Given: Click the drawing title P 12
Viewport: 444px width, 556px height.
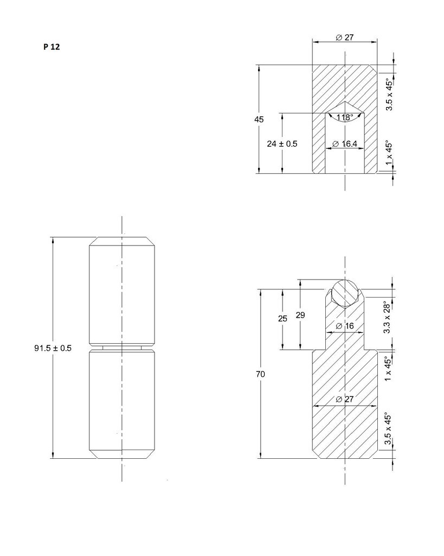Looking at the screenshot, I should (x=52, y=47).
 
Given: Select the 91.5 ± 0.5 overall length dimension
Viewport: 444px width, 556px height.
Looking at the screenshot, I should (x=53, y=348).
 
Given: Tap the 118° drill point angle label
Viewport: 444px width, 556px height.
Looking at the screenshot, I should (x=344, y=118).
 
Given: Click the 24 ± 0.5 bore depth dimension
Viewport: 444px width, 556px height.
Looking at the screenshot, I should (x=282, y=144).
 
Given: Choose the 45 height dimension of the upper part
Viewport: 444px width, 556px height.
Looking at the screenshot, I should (x=259, y=119).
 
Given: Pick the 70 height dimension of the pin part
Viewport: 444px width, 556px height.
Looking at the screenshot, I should (x=261, y=374).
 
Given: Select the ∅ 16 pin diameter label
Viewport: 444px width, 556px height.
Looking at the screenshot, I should (x=345, y=326).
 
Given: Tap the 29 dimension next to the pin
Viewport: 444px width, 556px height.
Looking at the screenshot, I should (x=300, y=315).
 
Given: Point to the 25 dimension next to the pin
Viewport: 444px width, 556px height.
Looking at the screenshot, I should (x=282, y=319).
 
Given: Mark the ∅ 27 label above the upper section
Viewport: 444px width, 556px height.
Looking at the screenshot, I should (x=345, y=37).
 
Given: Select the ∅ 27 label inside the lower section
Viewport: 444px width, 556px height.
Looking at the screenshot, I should (x=345, y=399).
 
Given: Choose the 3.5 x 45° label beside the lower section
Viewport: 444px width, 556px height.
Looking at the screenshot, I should (x=388, y=429).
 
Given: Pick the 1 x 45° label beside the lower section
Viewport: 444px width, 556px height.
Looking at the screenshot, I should (x=388, y=370).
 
